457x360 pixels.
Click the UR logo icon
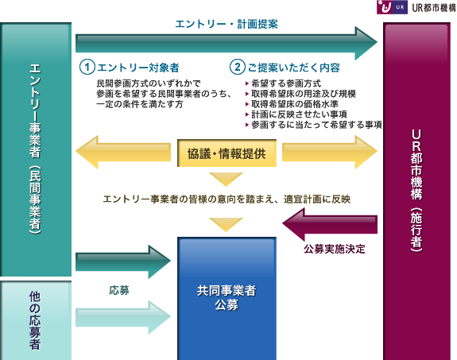click(392, 7)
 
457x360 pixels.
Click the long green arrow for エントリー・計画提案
click(227, 43)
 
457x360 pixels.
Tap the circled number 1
click(87, 67)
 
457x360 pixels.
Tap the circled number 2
click(238, 67)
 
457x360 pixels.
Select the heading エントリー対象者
click(137, 68)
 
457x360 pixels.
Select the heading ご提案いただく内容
click(294, 68)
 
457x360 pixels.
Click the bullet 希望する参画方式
click(286, 83)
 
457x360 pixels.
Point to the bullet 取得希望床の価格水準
click(295, 104)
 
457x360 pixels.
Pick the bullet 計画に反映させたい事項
click(299, 114)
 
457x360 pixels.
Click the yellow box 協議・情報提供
click(227, 153)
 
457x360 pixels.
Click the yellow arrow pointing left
click(123, 152)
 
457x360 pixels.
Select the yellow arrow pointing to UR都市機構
click(330, 152)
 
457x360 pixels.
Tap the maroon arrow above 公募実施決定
click(330, 224)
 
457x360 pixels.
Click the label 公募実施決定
click(335, 250)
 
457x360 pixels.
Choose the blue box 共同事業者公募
click(227, 299)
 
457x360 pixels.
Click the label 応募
click(119, 290)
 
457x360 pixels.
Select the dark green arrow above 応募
click(123, 261)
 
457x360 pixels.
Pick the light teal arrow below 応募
click(123, 317)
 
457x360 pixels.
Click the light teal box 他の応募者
click(36, 320)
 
